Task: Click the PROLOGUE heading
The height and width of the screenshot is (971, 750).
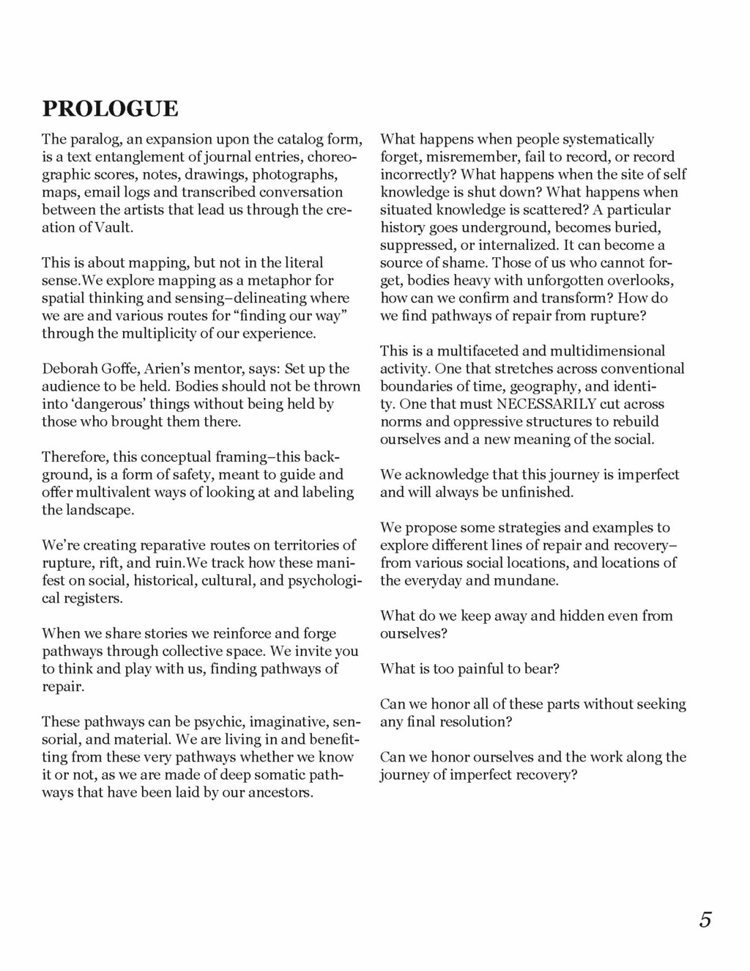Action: coord(110,108)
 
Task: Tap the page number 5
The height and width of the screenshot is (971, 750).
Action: coord(705,920)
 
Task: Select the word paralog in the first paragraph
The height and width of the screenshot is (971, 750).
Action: coord(94,139)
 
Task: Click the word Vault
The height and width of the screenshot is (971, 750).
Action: coord(115,227)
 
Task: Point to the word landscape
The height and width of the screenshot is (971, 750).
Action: coord(102,510)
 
